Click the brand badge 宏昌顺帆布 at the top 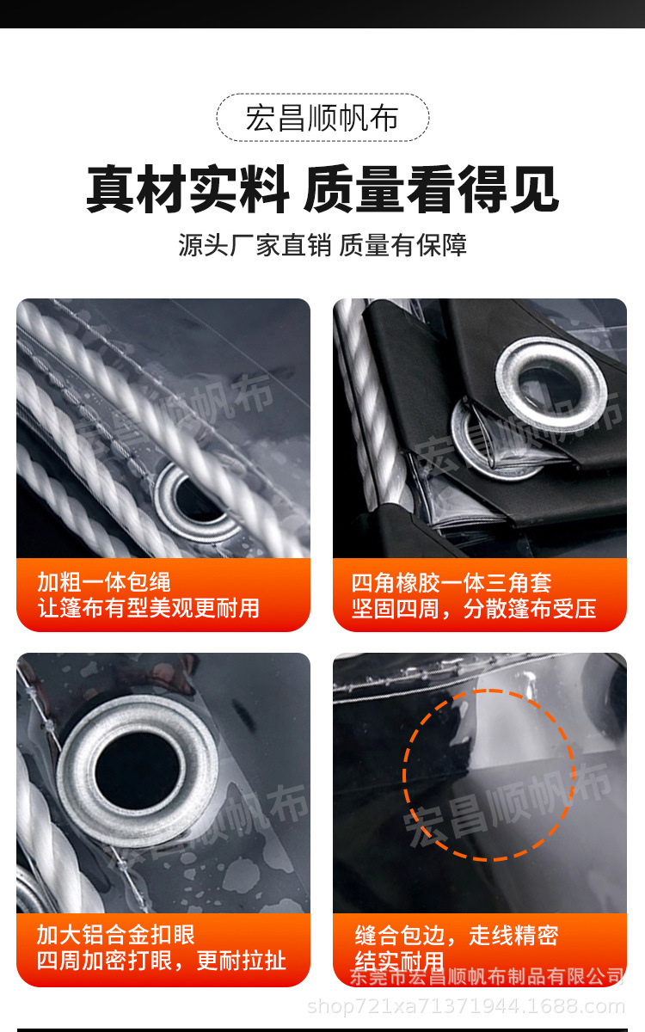pyautogui.click(x=322, y=118)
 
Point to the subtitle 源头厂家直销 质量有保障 pyautogui.click(x=322, y=245)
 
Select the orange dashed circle pyautogui.click(x=488, y=774)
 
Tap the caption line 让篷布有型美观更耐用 pyautogui.click(x=148, y=608)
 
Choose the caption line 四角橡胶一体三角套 pyautogui.click(x=451, y=582)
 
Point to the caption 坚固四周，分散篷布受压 pyautogui.click(x=474, y=609)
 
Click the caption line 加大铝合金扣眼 pyautogui.click(x=116, y=935)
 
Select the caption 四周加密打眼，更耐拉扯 pyautogui.click(x=161, y=961)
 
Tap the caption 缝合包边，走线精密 pyautogui.click(x=457, y=935)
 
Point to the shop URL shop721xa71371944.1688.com pyautogui.click(x=465, y=1005)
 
